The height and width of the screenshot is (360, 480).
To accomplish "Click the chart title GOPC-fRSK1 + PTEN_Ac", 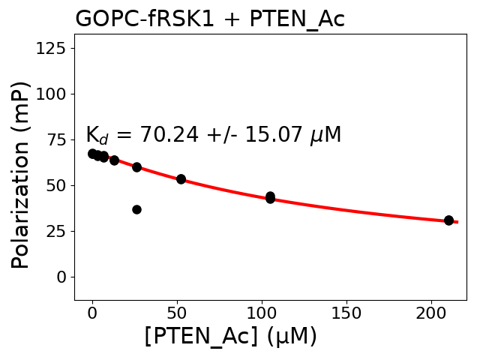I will (210, 19).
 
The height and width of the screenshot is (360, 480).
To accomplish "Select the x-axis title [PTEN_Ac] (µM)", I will (230, 336).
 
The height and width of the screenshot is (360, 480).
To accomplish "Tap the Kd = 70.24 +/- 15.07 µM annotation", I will (213, 135).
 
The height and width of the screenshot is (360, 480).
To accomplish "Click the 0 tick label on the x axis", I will (92, 313).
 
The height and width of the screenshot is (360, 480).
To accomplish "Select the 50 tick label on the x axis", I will (177, 313).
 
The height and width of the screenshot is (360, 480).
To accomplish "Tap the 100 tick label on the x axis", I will (262, 313).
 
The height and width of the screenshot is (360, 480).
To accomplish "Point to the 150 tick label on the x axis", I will (346, 313).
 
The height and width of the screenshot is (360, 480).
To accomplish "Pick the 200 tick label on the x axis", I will (431, 313).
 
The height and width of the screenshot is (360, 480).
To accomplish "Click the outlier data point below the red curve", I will (136, 209).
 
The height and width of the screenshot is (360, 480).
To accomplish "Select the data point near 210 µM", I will (448, 220).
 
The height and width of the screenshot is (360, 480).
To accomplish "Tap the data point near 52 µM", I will (181, 179).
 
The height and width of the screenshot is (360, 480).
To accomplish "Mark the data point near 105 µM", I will (270, 197).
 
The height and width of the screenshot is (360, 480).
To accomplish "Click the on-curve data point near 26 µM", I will (136, 167).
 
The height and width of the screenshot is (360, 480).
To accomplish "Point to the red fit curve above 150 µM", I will (346, 208).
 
